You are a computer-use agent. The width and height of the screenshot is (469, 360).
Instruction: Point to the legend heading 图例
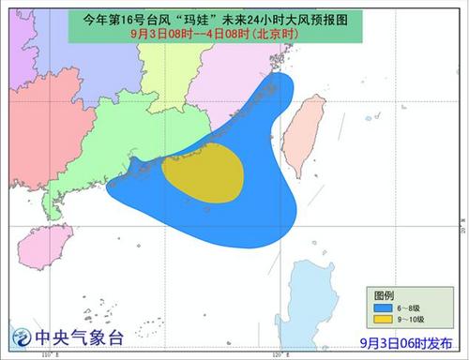(376, 293)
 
